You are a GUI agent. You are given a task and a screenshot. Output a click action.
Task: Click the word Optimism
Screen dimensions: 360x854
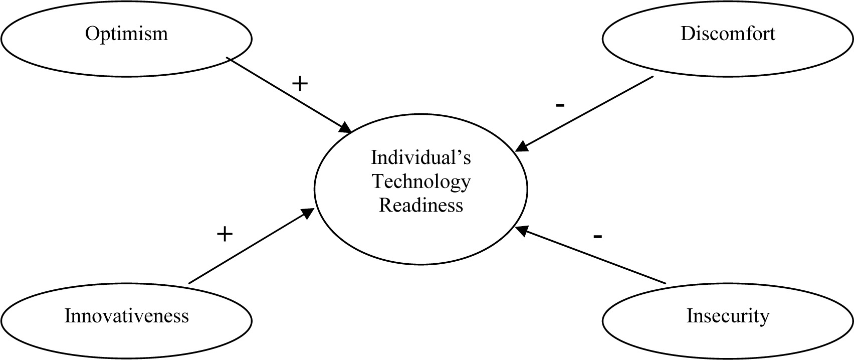[x=126, y=34]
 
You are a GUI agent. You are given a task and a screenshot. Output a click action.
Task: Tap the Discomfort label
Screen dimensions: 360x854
[x=727, y=34]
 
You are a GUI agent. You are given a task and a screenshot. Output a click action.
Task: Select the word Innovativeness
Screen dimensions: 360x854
[x=126, y=316]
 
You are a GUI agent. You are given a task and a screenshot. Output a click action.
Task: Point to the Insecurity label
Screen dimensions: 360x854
[x=727, y=316]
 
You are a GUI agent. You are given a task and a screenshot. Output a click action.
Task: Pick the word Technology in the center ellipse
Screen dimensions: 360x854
[x=420, y=182]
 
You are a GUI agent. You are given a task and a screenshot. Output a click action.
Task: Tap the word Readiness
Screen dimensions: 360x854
[x=420, y=206]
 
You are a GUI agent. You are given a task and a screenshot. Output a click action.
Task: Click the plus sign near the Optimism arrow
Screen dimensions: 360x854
[x=299, y=84]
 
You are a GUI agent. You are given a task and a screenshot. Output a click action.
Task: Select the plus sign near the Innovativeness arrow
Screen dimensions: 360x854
[x=225, y=233]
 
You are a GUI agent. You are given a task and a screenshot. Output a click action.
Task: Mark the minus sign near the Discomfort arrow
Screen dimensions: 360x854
[x=560, y=105]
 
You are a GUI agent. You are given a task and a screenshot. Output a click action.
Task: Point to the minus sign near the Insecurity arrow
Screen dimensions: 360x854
[x=597, y=236]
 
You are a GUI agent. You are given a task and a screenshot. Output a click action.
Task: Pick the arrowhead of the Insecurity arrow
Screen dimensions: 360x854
[x=522, y=230]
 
